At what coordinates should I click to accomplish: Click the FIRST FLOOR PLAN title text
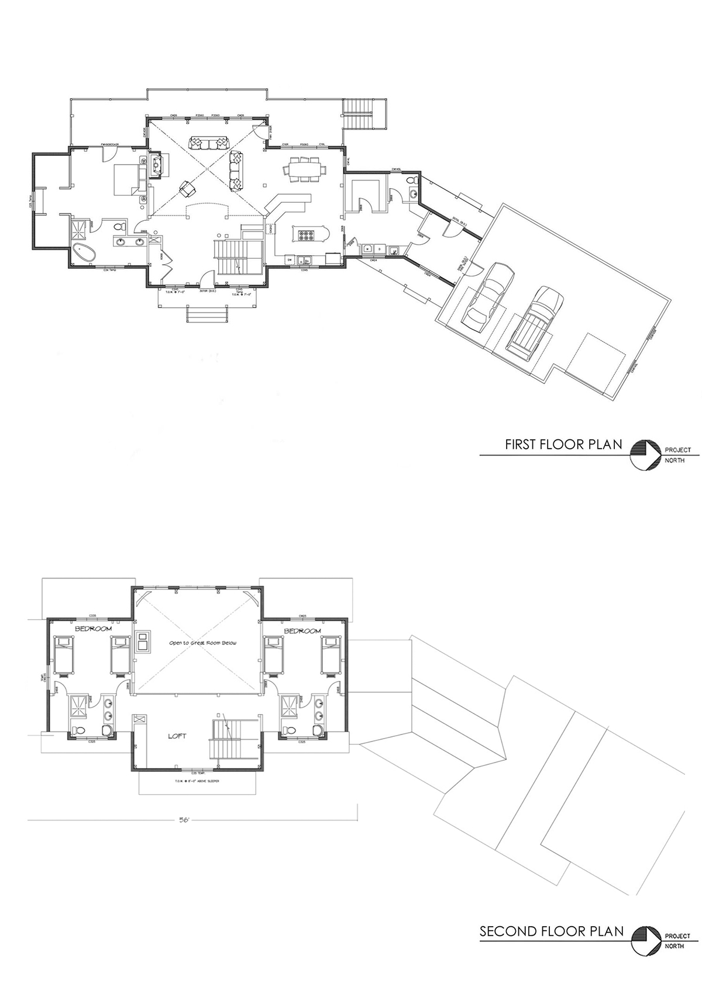click(555, 445)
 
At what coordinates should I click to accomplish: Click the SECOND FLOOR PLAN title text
click(551, 931)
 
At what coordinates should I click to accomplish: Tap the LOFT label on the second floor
click(177, 736)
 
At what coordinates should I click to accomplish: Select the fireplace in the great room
click(156, 165)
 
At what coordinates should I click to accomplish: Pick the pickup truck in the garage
click(535, 319)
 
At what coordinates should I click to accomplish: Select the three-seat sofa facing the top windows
click(207, 142)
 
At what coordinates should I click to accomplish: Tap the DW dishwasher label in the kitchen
click(289, 258)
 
